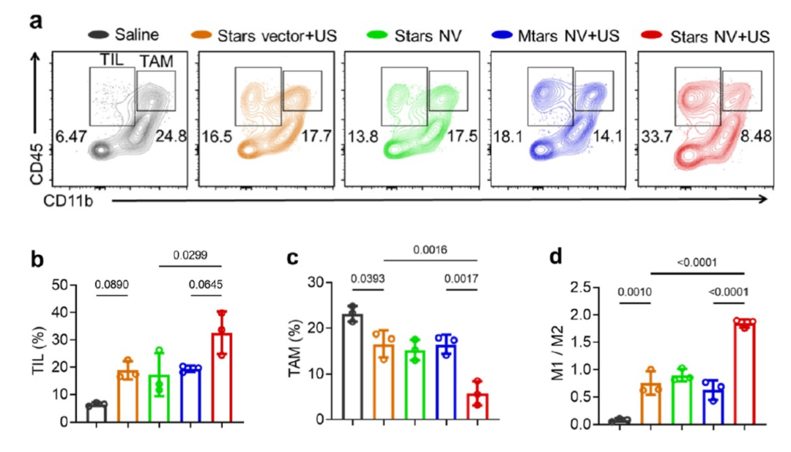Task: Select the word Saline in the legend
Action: [138, 34]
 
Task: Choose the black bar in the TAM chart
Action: [353, 366]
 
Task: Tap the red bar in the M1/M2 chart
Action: [744, 372]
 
